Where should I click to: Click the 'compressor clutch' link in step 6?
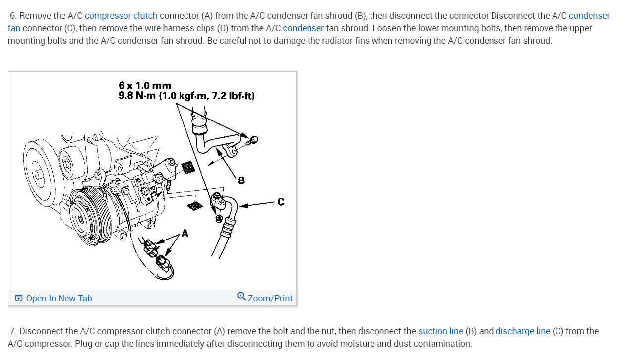tap(121, 16)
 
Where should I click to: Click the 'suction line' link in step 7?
tap(440, 331)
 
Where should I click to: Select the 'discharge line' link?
tap(522, 331)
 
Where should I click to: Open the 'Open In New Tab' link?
tap(59, 298)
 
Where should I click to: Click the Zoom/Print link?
tap(270, 298)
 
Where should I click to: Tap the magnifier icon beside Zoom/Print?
tap(241, 296)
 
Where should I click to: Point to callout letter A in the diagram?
tap(185, 233)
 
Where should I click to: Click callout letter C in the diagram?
tap(281, 201)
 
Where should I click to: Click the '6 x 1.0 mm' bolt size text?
tap(145, 86)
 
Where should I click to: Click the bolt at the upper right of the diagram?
tap(252, 140)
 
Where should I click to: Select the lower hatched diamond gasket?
tap(195, 205)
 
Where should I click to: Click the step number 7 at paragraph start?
tap(13, 331)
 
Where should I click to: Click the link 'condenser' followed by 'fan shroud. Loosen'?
tap(303, 28)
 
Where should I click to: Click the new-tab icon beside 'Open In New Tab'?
tap(19, 298)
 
